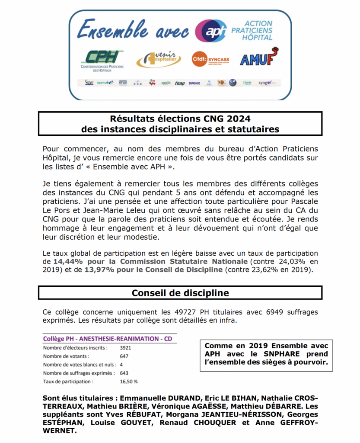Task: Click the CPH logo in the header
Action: pos(102,60)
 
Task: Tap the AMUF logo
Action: pos(259,58)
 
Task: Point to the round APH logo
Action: pos(210,31)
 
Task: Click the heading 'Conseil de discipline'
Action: pos(180,293)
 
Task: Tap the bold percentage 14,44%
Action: pos(68,261)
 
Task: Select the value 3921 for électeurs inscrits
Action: pos(125,347)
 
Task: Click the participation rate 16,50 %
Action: pos(129,382)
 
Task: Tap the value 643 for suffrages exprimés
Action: pos(124,373)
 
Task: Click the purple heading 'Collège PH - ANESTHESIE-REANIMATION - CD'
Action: pos(109,339)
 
